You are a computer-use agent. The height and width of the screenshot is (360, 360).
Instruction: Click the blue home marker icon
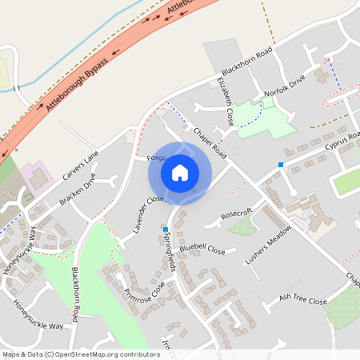pos(180,173)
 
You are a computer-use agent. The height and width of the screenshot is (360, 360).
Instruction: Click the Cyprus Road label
pos(343,142)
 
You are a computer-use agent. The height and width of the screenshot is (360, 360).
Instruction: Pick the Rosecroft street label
pos(236,213)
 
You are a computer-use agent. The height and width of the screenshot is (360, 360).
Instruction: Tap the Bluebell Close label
pos(202,250)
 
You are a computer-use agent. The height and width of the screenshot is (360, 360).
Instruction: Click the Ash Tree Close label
pos(303,300)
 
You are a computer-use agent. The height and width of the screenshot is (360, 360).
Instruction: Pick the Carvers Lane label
pos(81,165)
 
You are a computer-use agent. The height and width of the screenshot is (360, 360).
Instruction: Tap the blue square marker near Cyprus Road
pos(281,165)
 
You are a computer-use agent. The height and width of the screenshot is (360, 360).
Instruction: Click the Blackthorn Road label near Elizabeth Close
pos(248,61)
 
